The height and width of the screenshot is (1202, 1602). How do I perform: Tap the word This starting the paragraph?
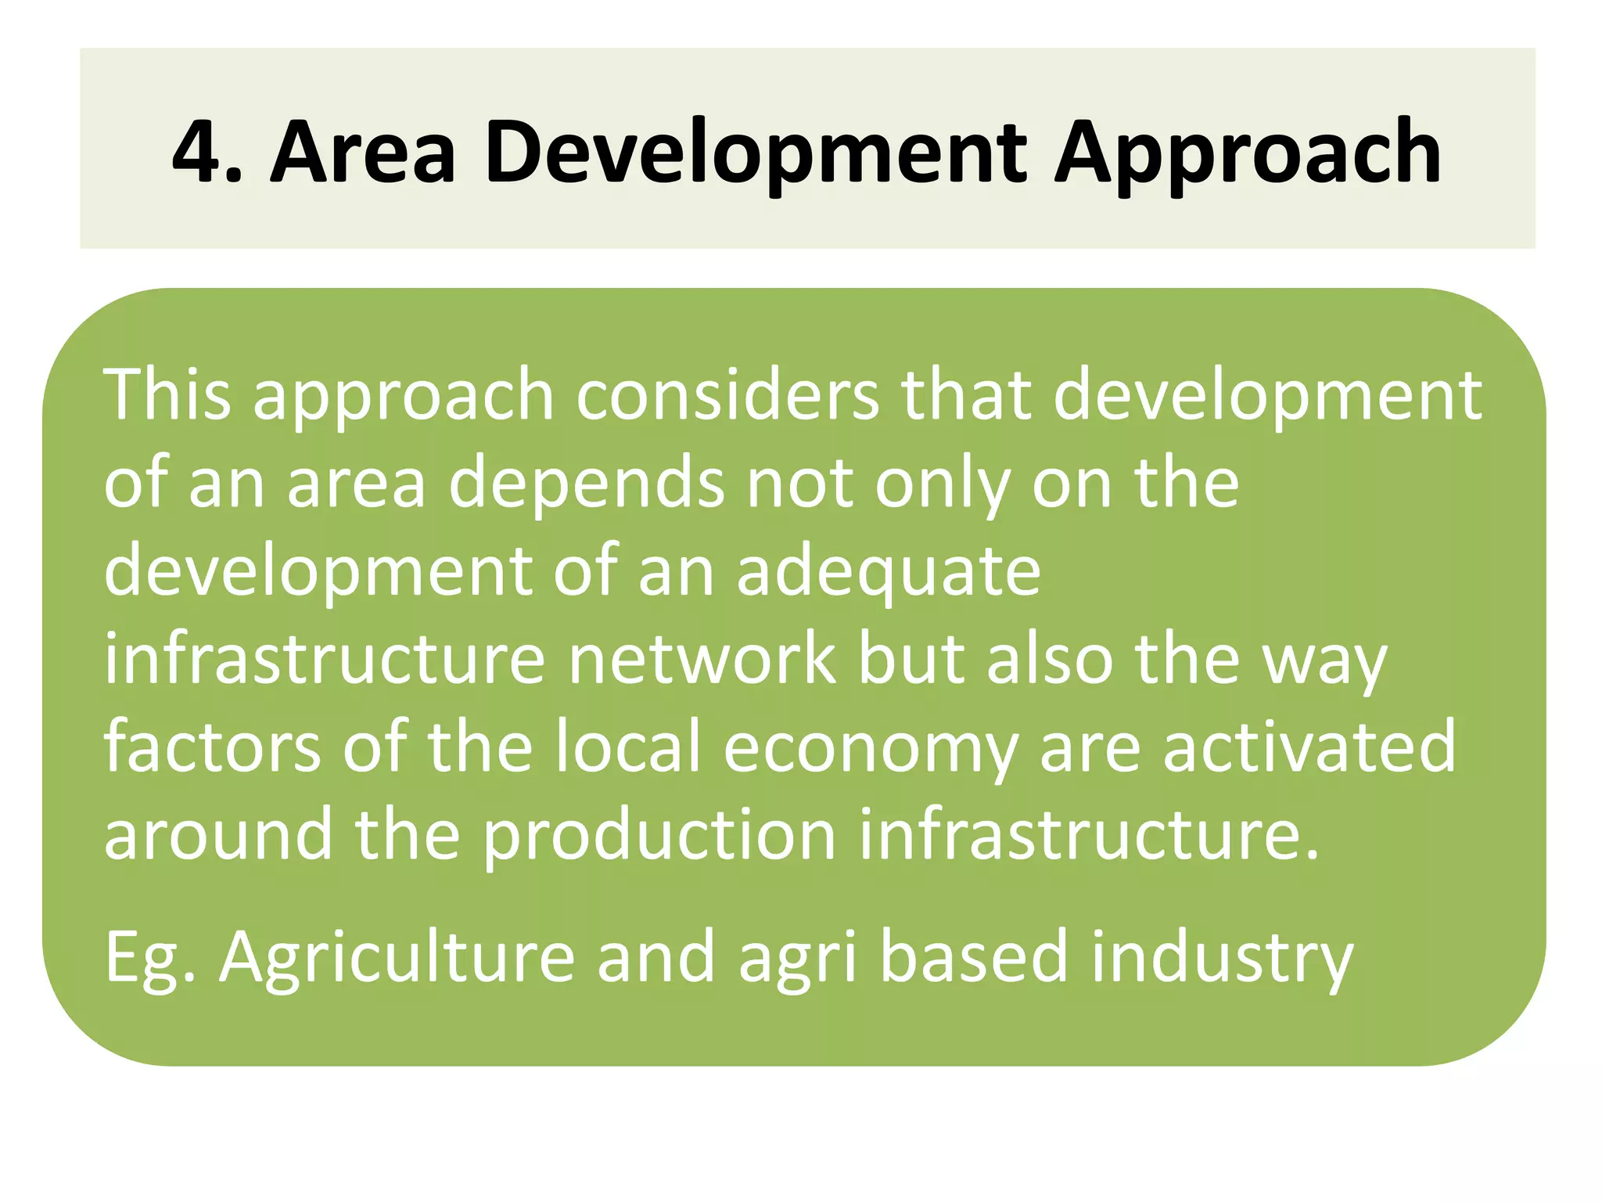point(167,394)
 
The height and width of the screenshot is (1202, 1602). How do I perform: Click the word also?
point(1050,660)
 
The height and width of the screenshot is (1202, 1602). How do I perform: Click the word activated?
point(1309,747)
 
